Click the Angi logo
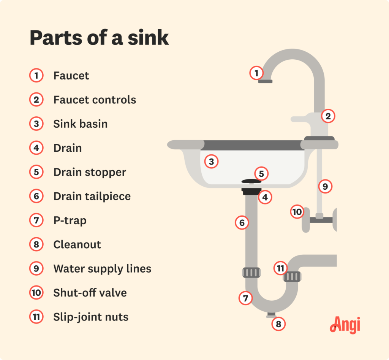click(x=345, y=325)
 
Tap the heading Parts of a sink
click(x=99, y=38)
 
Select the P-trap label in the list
click(x=70, y=220)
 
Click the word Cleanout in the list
click(x=77, y=244)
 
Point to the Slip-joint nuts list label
click(x=91, y=317)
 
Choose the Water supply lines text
click(x=102, y=269)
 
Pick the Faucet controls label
click(x=95, y=100)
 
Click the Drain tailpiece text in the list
click(x=92, y=197)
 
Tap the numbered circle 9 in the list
click(x=36, y=269)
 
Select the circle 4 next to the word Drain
click(x=36, y=148)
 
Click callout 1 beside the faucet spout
click(x=256, y=73)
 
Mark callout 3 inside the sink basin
click(x=212, y=162)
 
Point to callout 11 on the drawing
click(x=280, y=268)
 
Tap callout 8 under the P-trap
click(x=278, y=324)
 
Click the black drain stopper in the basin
click(x=251, y=182)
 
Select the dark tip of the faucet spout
click(x=265, y=81)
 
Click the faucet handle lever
click(x=300, y=119)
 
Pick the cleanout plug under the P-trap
click(x=270, y=315)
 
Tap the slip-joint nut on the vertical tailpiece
click(x=251, y=273)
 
